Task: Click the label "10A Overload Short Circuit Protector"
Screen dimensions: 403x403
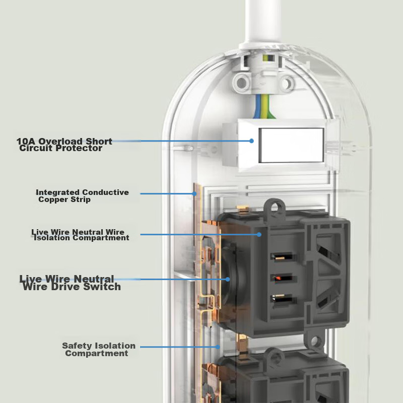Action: pos(64,145)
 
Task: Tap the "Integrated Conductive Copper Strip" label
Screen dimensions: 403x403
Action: pos(82,196)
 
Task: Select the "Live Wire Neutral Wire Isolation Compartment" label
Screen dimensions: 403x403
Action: pos(79,235)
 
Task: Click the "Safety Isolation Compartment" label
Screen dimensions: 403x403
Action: pos(98,350)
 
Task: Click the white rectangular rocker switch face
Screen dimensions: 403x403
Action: pos(291,145)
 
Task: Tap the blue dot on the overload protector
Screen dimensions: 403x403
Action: pos(251,141)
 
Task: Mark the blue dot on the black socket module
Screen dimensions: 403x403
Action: pos(259,234)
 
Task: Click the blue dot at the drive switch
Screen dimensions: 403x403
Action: pos(227,279)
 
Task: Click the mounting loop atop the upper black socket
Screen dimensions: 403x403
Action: pos(275,206)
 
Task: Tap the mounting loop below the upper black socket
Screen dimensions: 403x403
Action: pos(315,342)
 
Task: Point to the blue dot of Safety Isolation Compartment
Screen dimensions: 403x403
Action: pos(217,347)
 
